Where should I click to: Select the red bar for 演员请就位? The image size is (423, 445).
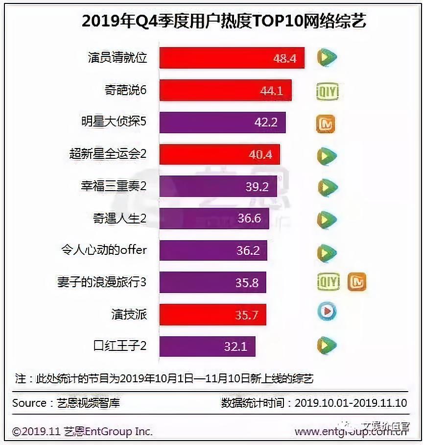click(x=232, y=58)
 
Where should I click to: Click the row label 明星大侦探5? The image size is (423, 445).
click(x=114, y=122)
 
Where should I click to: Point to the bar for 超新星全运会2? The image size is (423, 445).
click(x=219, y=154)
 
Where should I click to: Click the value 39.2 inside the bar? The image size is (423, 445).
click(x=258, y=187)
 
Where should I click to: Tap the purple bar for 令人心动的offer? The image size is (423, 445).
click(x=213, y=250)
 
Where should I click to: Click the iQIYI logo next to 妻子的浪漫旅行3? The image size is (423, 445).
click(x=328, y=282)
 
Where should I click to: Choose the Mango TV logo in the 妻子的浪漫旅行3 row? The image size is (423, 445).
click(x=357, y=282)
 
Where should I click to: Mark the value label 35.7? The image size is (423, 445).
click(x=247, y=315)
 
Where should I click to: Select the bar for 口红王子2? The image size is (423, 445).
click(x=207, y=346)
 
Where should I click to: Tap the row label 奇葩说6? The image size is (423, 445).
click(x=125, y=91)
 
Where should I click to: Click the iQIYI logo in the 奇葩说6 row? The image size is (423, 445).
click(x=328, y=91)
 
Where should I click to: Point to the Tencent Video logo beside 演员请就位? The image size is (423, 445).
click(x=326, y=58)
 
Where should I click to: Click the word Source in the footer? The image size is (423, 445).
click(x=29, y=403)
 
